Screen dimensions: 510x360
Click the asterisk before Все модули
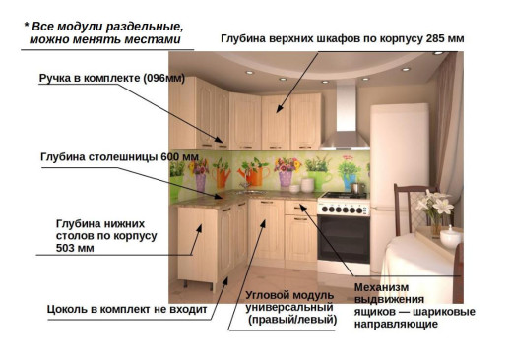[x=27, y=26]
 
